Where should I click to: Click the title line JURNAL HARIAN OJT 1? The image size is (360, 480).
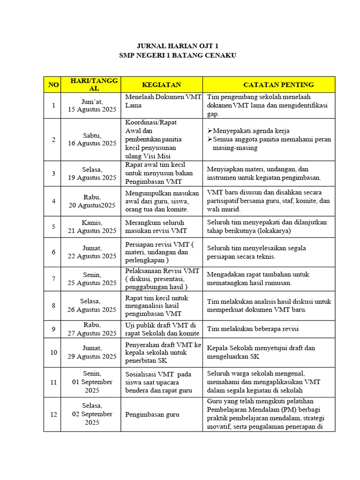(177, 46)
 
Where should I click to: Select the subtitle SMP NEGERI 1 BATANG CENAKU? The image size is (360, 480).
(177, 55)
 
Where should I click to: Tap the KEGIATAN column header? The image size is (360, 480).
(161, 84)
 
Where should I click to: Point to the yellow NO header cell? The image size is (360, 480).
(53, 84)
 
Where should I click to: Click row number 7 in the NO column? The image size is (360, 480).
(53, 279)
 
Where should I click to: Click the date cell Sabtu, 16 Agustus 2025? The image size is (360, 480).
(91, 139)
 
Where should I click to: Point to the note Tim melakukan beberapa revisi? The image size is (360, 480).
(253, 329)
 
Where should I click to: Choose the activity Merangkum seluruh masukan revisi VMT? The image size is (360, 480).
(156, 226)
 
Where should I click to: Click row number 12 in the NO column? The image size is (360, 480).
(53, 414)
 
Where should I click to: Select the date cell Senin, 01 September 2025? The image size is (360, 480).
(91, 382)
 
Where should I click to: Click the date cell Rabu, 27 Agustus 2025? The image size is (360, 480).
(91, 329)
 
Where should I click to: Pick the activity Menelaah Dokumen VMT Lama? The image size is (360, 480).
(163, 101)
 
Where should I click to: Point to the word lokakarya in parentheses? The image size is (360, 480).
(274, 231)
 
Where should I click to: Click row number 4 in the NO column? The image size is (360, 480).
(53, 201)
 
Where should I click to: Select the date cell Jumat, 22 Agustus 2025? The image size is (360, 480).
(91, 252)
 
